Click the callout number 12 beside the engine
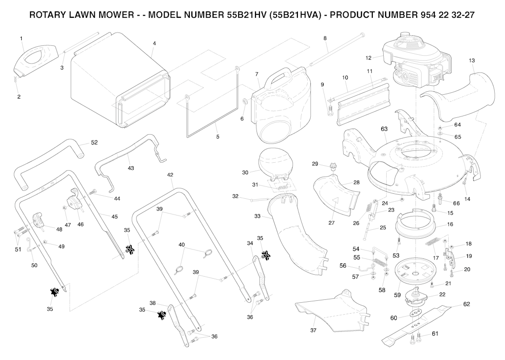pyautogui.click(x=368, y=58)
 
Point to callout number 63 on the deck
pyautogui.click(x=384, y=129)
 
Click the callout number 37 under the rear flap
pyautogui.click(x=313, y=330)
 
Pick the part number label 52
pyautogui.click(x=94, y=143)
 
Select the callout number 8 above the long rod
pyautogui.click(x=325, y=38)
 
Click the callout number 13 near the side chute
pyautogui.click(x=471, y=61)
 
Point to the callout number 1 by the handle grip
pyautogui.click(x=21, y=38)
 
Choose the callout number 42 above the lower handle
pyautogui.click(x=170, y=175)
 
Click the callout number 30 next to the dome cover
pyautogui.click(x=245, y=173)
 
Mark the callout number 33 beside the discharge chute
pyautogui.click(x=258, y=216)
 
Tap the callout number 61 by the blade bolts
pyautogui.click(x=434, y=334)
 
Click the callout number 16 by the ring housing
pyautogui.click(x=450, y=224)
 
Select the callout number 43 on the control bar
pyautogui.click(x=131, y=168)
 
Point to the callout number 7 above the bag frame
pyautogui.click(x=257, y=74)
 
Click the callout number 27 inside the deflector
pyautogui.click(x=331, y=222)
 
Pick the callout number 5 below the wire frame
pyautogui.click(x=217, y=137)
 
